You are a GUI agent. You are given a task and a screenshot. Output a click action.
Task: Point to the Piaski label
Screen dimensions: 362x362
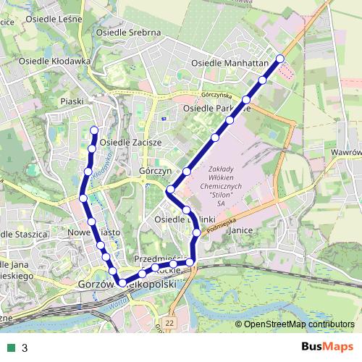[x=74, y=101]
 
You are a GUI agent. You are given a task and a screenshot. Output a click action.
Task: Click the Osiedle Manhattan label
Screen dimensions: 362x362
[x=230, y=63]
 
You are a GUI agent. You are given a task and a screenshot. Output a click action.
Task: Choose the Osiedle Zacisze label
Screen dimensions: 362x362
[x=130, y=142]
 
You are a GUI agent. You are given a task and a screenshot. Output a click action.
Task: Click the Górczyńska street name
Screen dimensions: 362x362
[x=216, y=95]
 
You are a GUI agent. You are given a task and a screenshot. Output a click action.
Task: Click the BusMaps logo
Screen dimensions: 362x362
[x=327, y=347]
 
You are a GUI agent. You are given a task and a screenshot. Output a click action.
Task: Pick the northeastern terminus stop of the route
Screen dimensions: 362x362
[x=280, y=59]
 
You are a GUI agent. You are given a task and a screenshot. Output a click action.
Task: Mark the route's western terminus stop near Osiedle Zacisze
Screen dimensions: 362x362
[x=94, y=130]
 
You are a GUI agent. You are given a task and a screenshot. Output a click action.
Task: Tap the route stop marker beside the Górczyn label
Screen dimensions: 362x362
[x=186, y=172]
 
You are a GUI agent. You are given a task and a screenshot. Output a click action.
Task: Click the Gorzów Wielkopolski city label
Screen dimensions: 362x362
[x=127, y=285]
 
